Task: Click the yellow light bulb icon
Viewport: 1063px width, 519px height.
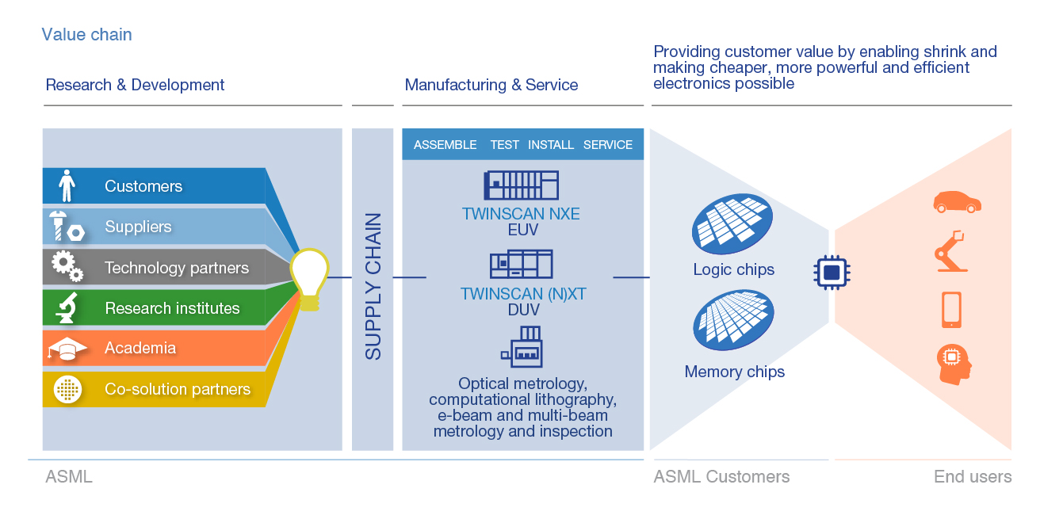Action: pyautogui.click(x=308, y=278)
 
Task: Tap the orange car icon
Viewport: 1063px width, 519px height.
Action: pyautogui.click(x=957, y=202)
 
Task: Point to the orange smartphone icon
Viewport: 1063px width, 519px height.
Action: pyautogui.click(x=952, y=309)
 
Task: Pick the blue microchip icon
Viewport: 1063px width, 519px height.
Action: pyautogui.click(x=832, y=273)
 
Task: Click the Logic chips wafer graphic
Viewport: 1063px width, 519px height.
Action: pyautogui.click(x=732, y=224)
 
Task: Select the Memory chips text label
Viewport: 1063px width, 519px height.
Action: pyautogui.click(x=734, y=372)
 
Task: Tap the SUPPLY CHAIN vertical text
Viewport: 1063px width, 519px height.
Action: pyautogui.click(x=373, y=286)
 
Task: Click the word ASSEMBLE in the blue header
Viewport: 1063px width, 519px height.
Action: pyautogui.click(x=445, y=145)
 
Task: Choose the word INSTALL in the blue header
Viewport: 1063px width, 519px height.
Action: pyautogui.click(x=551, y=145)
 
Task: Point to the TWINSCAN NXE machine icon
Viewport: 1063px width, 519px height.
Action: pyautogui.click(x=521, y=185)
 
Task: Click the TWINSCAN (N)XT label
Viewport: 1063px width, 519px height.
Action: pyautogui.click(x=523, y=294)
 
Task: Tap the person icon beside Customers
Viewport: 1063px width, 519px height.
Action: pyautogui.click(x=67, y=186)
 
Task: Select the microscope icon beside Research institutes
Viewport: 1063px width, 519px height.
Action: pyautogui.click(x=67, y=307)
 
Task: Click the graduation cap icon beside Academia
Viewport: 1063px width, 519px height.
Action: pyautogui.click(x=67, y=349)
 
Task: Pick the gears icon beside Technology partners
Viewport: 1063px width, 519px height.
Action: pyautogui.click(x=67, y=267)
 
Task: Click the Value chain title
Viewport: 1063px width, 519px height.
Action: pyautogui.click(x=86, y=35)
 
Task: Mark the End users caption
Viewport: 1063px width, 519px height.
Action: pyautogui.click(x=972, y=477)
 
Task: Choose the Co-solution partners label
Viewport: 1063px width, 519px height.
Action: pyautogui.click(x=178, y=389)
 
